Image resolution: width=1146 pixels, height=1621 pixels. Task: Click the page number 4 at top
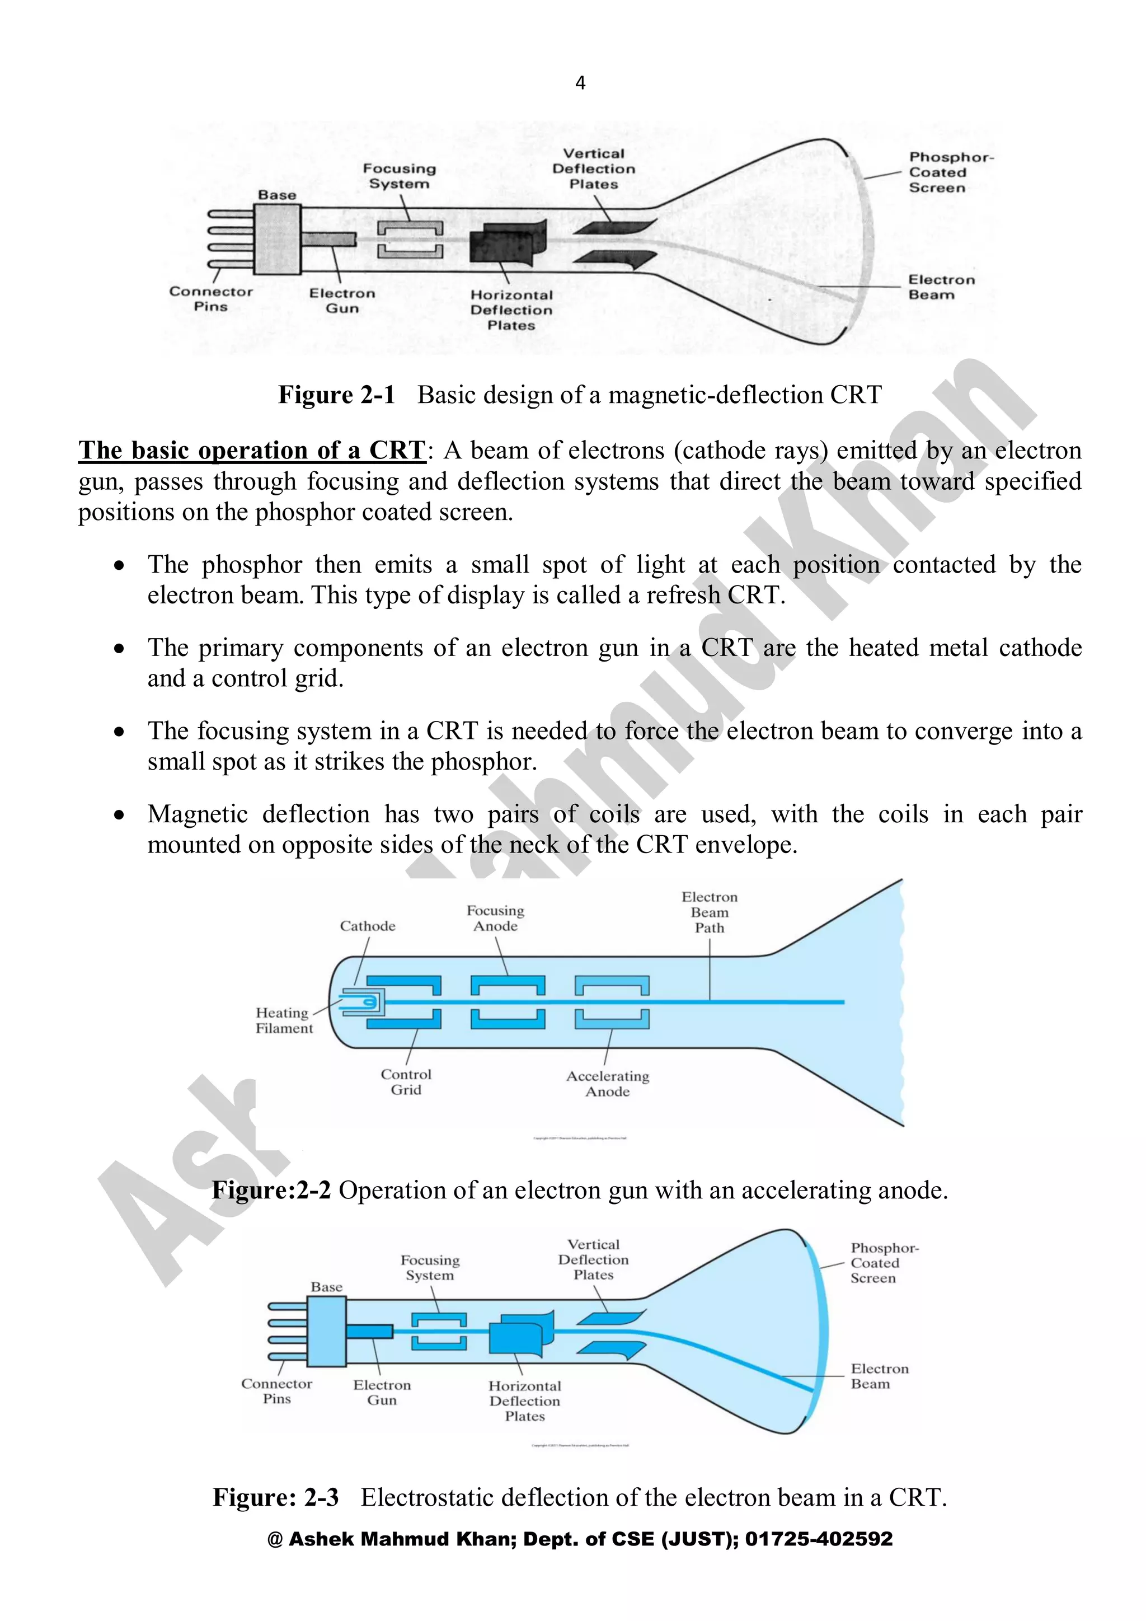pos(580,83)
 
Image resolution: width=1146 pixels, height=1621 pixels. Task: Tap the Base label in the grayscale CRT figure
pos(276,195)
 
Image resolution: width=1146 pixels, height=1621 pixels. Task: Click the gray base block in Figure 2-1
pos(278,240)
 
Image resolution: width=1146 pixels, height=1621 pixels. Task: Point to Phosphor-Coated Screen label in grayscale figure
pos(949,172)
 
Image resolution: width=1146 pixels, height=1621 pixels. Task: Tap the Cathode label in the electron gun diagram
pos(367,926)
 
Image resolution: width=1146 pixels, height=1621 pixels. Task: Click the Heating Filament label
pos(284,1020)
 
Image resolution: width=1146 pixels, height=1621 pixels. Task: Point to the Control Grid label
pos(406,1081)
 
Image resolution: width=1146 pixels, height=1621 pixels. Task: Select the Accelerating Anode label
pos(608,1084)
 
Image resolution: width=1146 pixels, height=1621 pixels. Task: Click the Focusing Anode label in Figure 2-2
pos(495,919)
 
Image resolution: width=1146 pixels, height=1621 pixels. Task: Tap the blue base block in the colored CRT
pos(326,1331)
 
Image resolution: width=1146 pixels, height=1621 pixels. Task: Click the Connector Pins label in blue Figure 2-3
pos(276,1391)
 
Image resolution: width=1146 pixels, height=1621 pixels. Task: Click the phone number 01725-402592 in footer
pos(819,1539)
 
